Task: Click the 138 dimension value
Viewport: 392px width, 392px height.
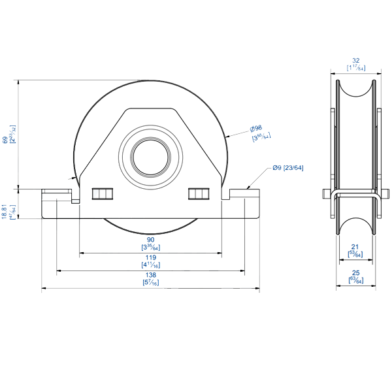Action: point(151,275)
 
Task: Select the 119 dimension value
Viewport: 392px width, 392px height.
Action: point(151,257)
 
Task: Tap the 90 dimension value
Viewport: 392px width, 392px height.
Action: point(151,240)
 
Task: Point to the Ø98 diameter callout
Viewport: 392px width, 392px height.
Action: point(255,128)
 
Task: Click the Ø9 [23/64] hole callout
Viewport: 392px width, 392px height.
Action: point(288,169)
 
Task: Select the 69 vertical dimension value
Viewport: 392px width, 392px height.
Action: point(5,139)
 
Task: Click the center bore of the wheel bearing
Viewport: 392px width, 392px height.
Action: point(151,157)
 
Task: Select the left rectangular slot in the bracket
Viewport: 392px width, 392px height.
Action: point(102,194)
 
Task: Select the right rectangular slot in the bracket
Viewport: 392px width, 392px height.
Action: point(199,194)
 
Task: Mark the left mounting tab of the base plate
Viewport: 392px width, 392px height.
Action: point(57,193)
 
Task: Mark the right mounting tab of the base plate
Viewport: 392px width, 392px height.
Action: point(245,193)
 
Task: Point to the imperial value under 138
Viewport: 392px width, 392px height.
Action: point(151,282)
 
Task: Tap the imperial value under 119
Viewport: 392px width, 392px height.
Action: point(151,265)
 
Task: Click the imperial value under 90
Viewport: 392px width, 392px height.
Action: point(151,248)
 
